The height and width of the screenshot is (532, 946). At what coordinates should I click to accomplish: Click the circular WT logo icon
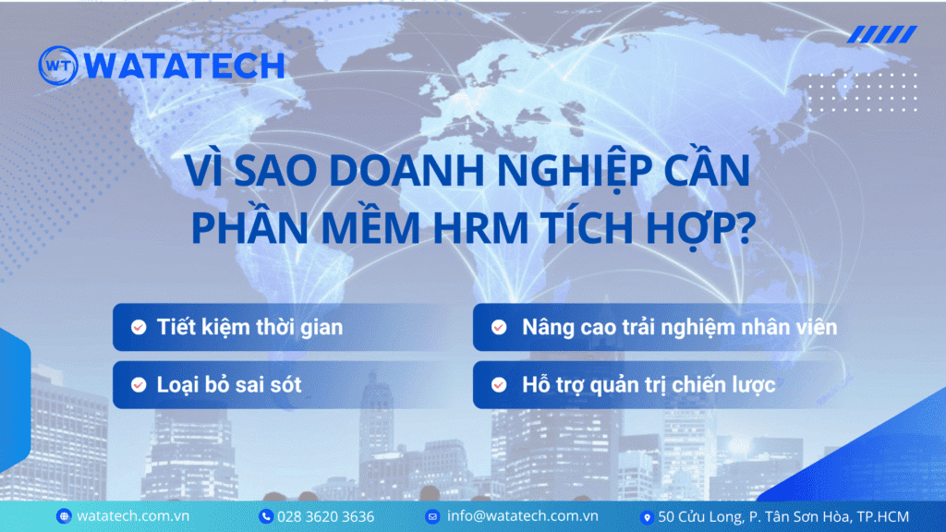(x=58, y=66)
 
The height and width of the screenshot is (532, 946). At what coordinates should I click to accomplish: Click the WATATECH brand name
(x=185, y=66)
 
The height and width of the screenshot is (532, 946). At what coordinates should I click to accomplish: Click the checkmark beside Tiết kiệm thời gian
(x=139, y=327)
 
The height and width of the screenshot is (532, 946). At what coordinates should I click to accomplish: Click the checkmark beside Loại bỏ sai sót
(x=139, y=385)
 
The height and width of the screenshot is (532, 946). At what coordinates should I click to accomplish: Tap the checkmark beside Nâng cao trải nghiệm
(x=499, y=327)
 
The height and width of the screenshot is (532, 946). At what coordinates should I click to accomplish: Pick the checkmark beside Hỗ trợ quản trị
(x=499, y=385)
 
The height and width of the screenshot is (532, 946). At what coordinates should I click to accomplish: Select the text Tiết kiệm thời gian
(x=249, y=328)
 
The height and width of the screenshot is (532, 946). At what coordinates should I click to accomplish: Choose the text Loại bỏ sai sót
(x=229, y=385)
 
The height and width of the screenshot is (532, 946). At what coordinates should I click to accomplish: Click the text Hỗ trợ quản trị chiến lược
(x=649, y=385)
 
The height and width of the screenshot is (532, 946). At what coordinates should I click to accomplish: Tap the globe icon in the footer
(x=64, y=516)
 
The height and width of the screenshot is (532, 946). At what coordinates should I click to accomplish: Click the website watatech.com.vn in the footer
(x=133, y=516)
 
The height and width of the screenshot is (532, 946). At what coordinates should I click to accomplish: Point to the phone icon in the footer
(x=265, y=516)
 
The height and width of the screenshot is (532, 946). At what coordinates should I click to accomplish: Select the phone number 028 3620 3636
(x=326, y=517)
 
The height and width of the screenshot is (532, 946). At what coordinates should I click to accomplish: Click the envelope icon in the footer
(x=432, y=516)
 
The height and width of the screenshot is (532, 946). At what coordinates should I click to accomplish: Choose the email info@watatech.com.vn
(x=523, y=516)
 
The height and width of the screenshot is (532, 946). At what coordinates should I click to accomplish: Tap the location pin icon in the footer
(x=647, y=517)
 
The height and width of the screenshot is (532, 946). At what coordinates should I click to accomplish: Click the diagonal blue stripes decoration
(x=882, y=34)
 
